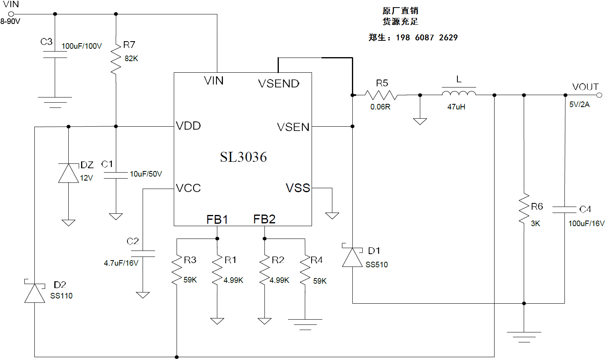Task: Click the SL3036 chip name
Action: tap(243, 157)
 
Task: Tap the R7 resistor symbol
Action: tap(116, 59)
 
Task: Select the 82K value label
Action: tap(131, 59)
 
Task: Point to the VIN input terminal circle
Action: tap(11, 14)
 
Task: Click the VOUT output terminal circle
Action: tap(599, 95)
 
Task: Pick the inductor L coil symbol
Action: tap(459, 93)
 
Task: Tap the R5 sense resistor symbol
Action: tap(381, 95)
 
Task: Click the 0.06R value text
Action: tap(380, 107)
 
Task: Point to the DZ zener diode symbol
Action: tap(68, 173)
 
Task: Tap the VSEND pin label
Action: tap(279, 84)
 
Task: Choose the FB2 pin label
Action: tap(264, 219)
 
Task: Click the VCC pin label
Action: tap(189, 188)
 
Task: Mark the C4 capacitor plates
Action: tap(564, 209)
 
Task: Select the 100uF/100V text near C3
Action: tap(81, 46)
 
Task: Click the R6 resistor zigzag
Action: tap(524, 209)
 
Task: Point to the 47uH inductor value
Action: tap(456, 107)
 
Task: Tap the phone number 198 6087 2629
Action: tap(427, 38)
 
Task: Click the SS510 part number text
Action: tap(377, 265)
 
